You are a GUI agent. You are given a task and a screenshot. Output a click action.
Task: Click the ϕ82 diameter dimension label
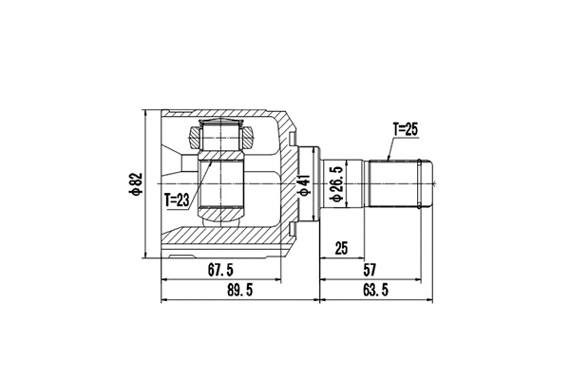click(x=136, y=182)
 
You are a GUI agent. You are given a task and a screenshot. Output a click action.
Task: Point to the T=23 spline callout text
click(x=178, y=200)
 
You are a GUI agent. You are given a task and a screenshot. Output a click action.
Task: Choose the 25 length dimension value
click(x=342, y=250)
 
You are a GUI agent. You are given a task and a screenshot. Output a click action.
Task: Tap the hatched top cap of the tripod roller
click(x=223, y=135)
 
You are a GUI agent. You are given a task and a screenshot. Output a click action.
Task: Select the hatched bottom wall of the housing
click(x=228, y=237)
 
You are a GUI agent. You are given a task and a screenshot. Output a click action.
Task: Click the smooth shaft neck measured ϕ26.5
click(x=353, y=182)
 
